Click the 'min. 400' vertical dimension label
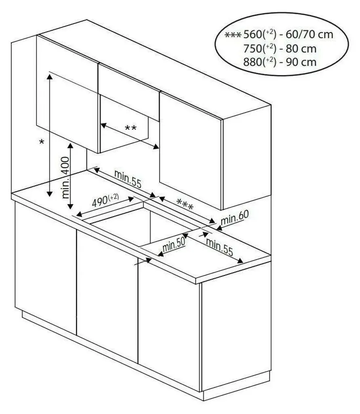[x=65, y=177]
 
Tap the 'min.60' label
[x=235, y=217]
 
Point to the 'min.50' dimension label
[x=174, y=245]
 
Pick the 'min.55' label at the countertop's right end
[x=219, y=247]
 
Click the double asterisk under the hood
[x=131, y=128]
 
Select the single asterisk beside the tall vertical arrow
[x=42, y=142]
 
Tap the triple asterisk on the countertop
[x=185, y=205]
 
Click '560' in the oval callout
[x=252, y=34]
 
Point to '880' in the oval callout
[x=252, y=62]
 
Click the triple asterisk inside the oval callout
[x=233, y=35]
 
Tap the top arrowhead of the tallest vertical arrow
[x=49, y=76]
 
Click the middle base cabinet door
[x=107, y=296]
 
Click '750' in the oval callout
[x=252, y=49]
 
